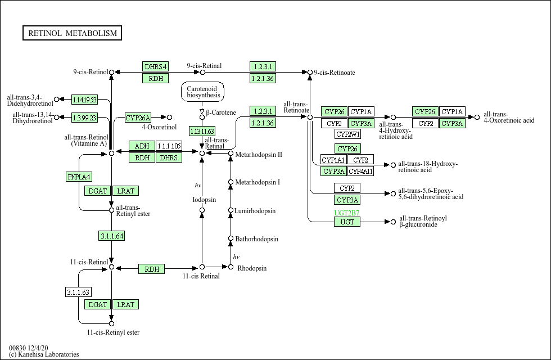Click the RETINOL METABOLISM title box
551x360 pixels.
click(73, 33)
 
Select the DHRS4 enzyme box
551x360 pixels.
click(156, 66)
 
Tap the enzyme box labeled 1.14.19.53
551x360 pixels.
click(84, 100)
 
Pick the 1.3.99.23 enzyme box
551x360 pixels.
click(84, 118)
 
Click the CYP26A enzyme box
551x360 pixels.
click(138, 118)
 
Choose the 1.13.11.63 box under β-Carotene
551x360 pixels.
click(202, 131)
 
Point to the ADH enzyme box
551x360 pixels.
click(142, 146)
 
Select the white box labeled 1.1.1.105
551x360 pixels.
click(169, 146)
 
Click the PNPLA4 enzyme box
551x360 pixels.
click(79, 177)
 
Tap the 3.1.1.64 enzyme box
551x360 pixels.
click(111, 236)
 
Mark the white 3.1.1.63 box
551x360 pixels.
click(79, 292)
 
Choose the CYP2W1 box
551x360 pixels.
click(348, 134)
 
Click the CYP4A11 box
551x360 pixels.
click(361, 171)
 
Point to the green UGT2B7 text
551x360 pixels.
click(347, 213)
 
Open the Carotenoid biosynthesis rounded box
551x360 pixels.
click(202, 92)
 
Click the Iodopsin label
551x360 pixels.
click(204, 199)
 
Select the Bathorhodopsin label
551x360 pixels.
click(256, 239)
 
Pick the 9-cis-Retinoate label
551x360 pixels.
click(335, 73)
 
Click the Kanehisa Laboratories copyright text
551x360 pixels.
click(44, 354)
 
